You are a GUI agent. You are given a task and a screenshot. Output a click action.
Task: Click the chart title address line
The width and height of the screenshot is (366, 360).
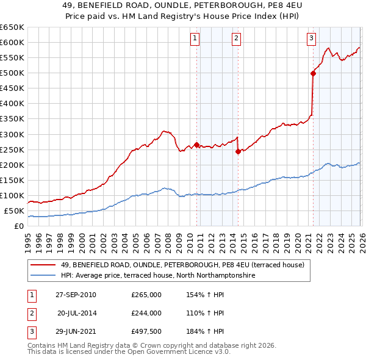182,6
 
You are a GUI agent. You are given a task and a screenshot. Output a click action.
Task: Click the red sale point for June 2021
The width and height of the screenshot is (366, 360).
313,73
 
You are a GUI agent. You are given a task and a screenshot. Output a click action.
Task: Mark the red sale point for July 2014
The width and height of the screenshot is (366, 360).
238,151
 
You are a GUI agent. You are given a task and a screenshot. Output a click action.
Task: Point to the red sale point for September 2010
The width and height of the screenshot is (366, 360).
196,145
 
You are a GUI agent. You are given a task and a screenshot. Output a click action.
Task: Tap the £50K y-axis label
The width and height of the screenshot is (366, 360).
15,211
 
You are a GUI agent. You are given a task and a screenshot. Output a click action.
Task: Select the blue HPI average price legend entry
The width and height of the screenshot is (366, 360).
157,276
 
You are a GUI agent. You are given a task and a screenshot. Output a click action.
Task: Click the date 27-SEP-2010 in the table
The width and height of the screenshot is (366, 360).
76,295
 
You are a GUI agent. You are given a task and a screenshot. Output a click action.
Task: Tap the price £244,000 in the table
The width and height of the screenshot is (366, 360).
146,312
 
